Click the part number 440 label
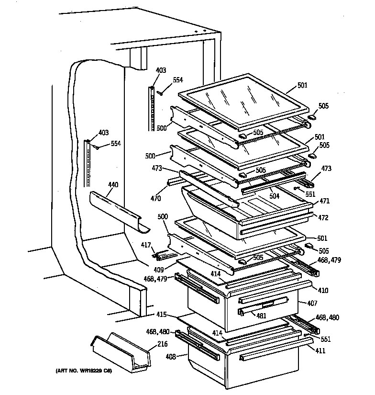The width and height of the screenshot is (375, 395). point(113,184)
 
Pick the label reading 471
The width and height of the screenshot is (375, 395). point(325,201)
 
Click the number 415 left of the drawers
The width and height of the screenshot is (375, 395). point(162,315)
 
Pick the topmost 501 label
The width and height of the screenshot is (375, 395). point(302,86)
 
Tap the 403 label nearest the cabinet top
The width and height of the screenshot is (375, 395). point(161,70)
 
